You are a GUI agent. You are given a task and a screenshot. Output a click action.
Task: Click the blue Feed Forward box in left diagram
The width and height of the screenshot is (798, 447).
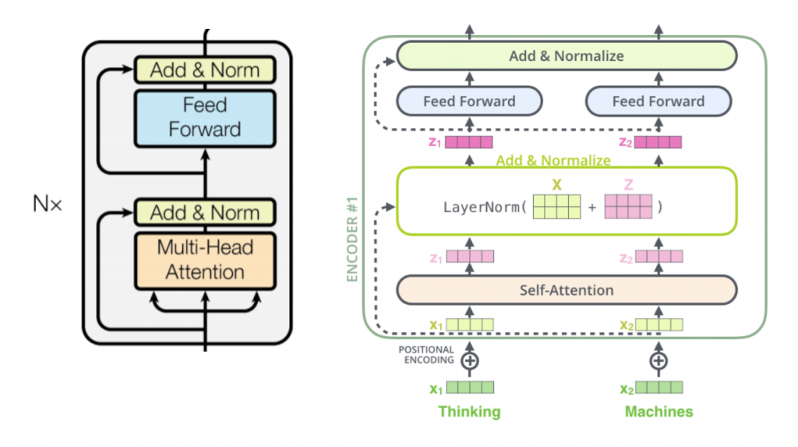point(205,117)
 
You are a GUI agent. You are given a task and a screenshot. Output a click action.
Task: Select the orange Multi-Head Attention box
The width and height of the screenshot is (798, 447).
point(205,260)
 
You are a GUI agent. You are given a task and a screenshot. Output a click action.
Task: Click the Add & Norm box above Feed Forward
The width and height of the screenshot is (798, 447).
point(205,70)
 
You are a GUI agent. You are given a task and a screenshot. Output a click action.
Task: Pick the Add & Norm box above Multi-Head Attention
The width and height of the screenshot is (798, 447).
point(205,213)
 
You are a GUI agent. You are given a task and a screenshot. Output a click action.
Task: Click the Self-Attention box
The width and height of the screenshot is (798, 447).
point(567,290)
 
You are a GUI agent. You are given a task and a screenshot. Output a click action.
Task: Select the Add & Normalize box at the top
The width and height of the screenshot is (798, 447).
point(567,55)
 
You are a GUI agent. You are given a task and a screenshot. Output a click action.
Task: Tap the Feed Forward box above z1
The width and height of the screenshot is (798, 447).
point(469,101)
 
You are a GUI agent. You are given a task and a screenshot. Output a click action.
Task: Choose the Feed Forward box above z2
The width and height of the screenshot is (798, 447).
point(658,101)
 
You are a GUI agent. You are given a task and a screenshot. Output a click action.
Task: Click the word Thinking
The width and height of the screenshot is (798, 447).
point(469,411)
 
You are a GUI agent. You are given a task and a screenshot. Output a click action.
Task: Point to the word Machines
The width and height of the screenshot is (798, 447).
point(659,411)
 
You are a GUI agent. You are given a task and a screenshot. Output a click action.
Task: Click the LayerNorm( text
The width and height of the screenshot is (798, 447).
point(484,208)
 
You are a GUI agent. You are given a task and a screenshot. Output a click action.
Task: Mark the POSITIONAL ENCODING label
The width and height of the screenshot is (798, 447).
point(428,356)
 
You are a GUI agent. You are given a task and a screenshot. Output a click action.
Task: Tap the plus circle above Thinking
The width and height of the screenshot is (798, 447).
point(469,360)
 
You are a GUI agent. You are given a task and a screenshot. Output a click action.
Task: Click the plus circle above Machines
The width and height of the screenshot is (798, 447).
point(659,360)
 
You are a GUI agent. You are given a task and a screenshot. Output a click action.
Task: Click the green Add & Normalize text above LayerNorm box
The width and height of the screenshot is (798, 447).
point(554,161)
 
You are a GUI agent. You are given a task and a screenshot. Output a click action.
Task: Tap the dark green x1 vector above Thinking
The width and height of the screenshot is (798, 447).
point(470,387)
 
